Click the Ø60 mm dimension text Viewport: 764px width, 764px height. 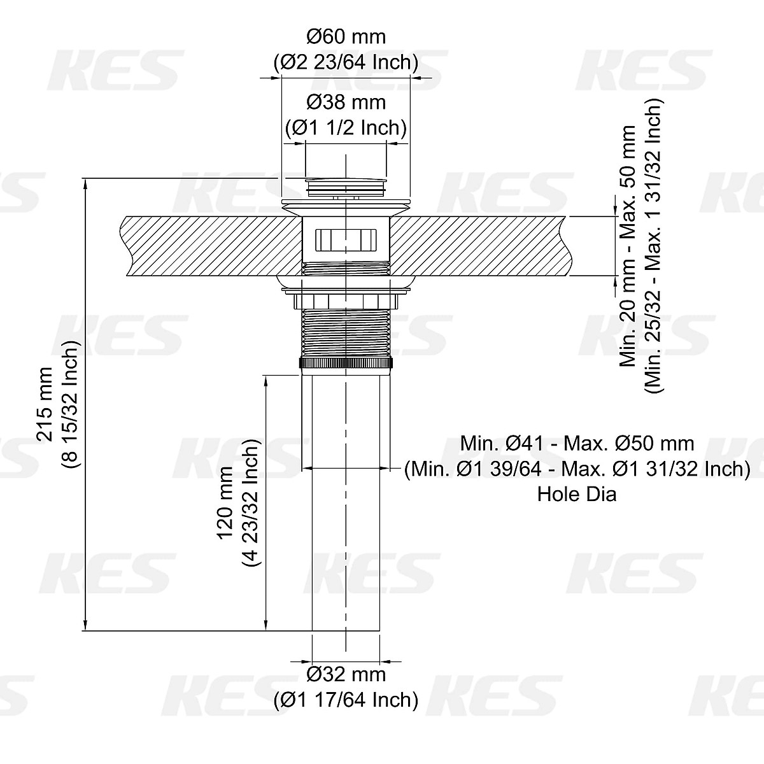click(x=346, y=36)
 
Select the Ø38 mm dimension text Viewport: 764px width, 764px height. click(x=346, y=101)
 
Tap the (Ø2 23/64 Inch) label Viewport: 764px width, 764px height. click(x=346, y=62)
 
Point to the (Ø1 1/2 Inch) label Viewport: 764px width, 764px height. click(x=346, y=127)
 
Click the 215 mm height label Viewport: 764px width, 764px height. click(x=45, y=404)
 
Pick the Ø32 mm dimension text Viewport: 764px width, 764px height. click(x=346, y=674)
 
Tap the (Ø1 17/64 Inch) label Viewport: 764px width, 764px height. click(x=346, y=700)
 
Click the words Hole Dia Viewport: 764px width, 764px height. click(x=577, y=494)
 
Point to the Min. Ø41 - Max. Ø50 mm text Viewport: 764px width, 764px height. click(x=577, y=443)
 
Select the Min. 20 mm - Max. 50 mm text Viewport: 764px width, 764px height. click(x=628, y=245)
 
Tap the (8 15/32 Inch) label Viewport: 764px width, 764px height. click(x=70, y=404)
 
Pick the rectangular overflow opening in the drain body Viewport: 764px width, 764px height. click(x=346, y=240)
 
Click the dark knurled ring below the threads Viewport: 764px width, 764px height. click(x=346, y=363)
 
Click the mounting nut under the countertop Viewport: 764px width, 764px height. click(x=346, y=299)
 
